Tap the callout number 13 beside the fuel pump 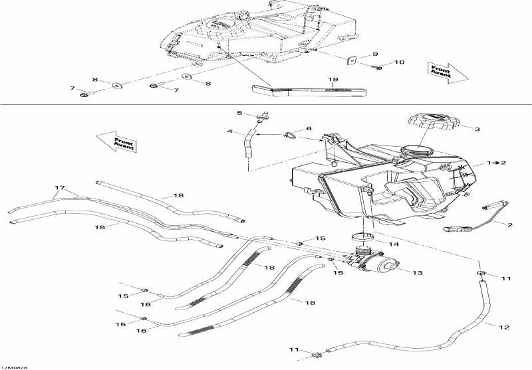418,272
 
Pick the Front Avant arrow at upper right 447,71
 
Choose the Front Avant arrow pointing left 116,141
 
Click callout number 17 59,188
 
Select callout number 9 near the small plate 374,54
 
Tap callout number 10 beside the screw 399,63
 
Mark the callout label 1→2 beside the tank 496,162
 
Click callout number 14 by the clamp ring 394,244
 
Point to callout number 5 240,113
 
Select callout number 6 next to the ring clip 309,128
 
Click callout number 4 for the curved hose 229,132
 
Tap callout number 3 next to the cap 476,129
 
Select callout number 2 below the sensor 510,225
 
